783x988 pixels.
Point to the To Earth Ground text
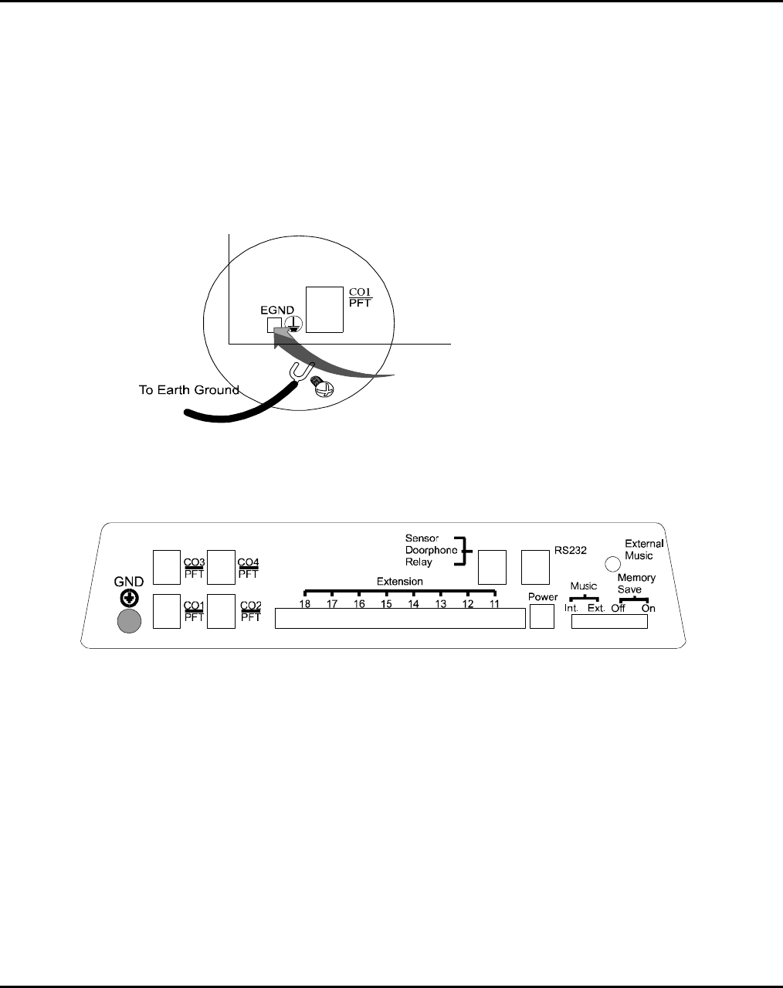[x=188, y=389]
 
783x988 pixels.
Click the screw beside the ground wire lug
[x=322, y=387]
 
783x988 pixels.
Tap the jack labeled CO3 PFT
[x=166, y=567]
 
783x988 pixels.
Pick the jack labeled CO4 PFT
[x=221, y=567]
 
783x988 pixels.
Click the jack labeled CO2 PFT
[x=221, y=611]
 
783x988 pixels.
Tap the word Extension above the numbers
[x=399, y=581]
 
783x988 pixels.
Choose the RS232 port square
[x=535, y=567]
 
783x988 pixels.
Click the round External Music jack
[x=612, y=565]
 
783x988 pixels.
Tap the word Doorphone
[x=431, y=549]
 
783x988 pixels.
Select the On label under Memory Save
[x=648, y=608]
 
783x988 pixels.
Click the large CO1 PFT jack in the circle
[x=324, y=309]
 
